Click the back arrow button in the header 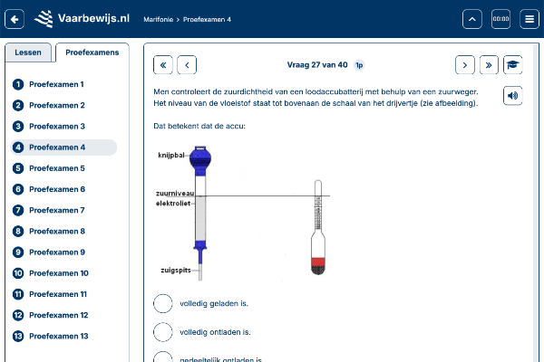click(15, 18)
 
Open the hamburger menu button click(529, 18)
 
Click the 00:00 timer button click(500, 18)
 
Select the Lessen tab click(28, 52)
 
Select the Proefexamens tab click(86, 52)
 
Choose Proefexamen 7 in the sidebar click(57, 210)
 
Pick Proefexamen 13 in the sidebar click(59, 336)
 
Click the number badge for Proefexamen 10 click(17, 273)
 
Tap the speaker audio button click(512, 95)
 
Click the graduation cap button click(512, 64)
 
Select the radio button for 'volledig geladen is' click(163, 304)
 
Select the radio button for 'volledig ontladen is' click(163, 332)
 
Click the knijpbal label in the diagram click(171, 155)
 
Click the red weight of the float click(317, 266)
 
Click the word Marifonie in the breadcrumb click(159, 18)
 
